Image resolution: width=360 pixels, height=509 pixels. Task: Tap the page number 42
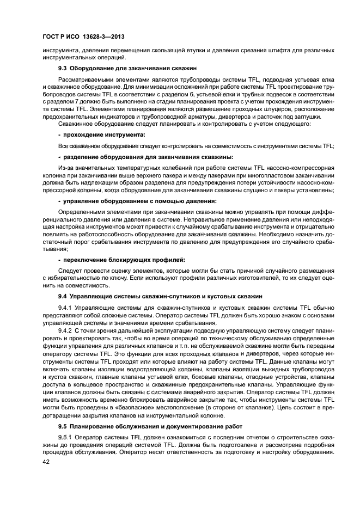(x=46, y=462)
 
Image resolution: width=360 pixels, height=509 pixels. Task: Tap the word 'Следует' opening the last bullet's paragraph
(x=70, y=271)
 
